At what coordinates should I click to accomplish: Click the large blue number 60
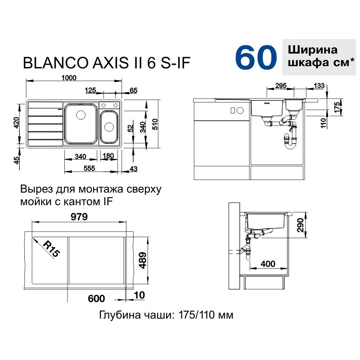[256, 57]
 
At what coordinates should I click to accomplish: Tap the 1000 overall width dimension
[69, 78]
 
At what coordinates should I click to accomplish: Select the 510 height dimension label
[155, 124]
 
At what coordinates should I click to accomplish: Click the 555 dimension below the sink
[89, 168]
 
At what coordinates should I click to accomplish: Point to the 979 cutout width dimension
[79, 217]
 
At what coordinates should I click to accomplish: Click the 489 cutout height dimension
[142, 261]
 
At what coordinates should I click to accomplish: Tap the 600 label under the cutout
[96, 298]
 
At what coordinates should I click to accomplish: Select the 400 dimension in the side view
[268, 264]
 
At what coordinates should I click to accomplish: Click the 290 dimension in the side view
[300, 225]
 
